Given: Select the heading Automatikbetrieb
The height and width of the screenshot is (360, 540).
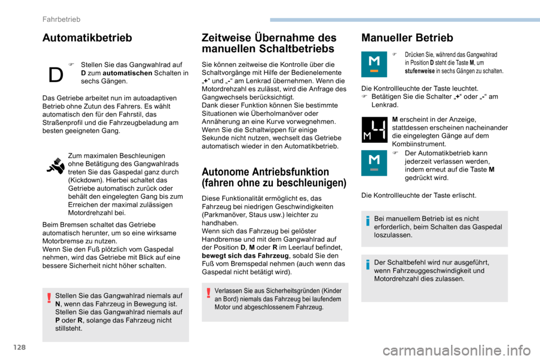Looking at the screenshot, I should [87, 38].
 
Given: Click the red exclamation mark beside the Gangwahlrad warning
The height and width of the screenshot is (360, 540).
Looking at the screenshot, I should [49, 298].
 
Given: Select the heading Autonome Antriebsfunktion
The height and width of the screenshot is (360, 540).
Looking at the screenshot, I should [265, 172].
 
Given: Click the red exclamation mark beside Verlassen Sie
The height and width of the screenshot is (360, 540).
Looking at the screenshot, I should [209, 292].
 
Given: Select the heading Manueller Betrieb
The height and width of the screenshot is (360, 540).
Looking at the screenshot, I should [407, 38].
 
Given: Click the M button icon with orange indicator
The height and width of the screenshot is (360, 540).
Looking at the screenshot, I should [373, 64].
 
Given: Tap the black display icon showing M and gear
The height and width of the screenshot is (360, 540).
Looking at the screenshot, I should [373, 130].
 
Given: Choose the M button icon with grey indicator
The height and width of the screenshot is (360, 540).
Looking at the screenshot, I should [373, 163].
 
